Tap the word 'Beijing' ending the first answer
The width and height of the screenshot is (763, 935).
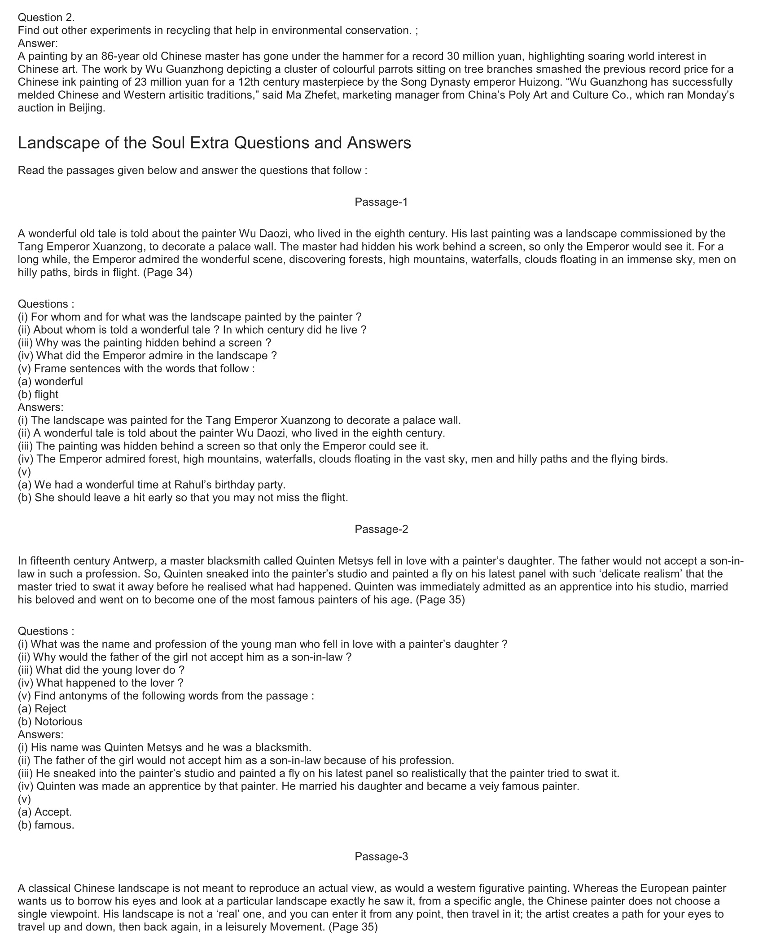click(x=87, y=109)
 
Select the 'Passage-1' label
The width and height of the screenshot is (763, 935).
click(x=381, y=202)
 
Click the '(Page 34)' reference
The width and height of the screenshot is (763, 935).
click(x=167, y=273)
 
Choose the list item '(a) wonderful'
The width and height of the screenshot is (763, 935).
click(x=50, y=382)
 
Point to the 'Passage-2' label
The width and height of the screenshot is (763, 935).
click(x=381, y=529)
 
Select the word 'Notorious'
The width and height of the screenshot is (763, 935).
click(x=58, y=722)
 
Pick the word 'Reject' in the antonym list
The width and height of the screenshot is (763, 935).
click(x=50, y=709)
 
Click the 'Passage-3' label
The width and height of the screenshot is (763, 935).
click(x=381, y=856)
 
